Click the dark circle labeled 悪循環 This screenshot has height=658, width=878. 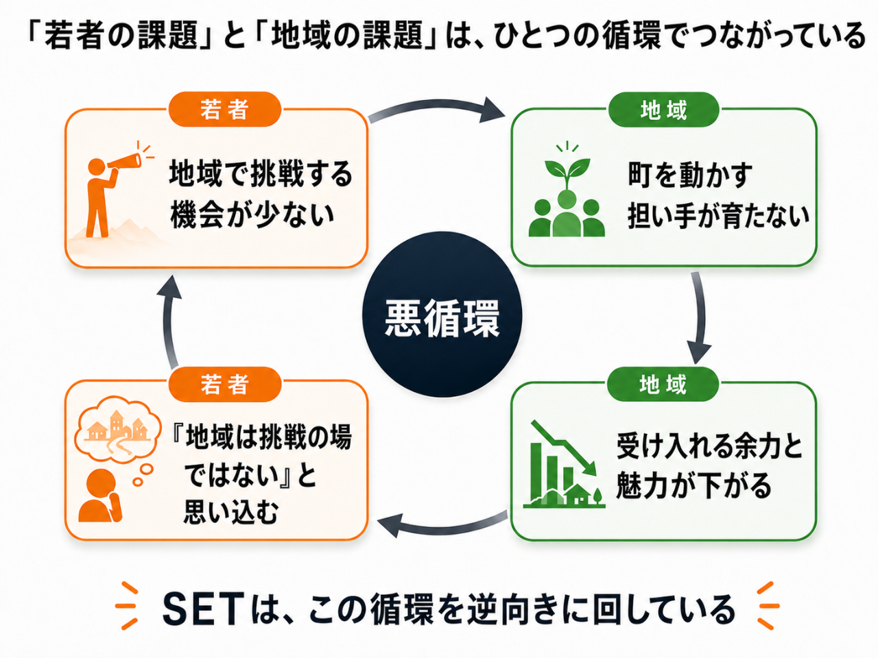442,315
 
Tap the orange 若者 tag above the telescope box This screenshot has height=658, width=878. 224,109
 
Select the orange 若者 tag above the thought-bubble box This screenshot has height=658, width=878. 224,384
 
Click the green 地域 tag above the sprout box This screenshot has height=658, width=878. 663,110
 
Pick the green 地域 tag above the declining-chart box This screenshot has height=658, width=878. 663,384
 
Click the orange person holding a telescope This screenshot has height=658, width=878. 107,192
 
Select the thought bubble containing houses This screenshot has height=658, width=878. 118,430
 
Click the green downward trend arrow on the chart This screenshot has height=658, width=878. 563,448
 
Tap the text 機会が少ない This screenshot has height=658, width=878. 252,215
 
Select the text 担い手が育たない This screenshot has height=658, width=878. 718,216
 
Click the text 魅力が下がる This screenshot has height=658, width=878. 693,486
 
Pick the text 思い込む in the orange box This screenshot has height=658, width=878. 230,512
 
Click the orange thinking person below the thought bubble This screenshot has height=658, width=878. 100,496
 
